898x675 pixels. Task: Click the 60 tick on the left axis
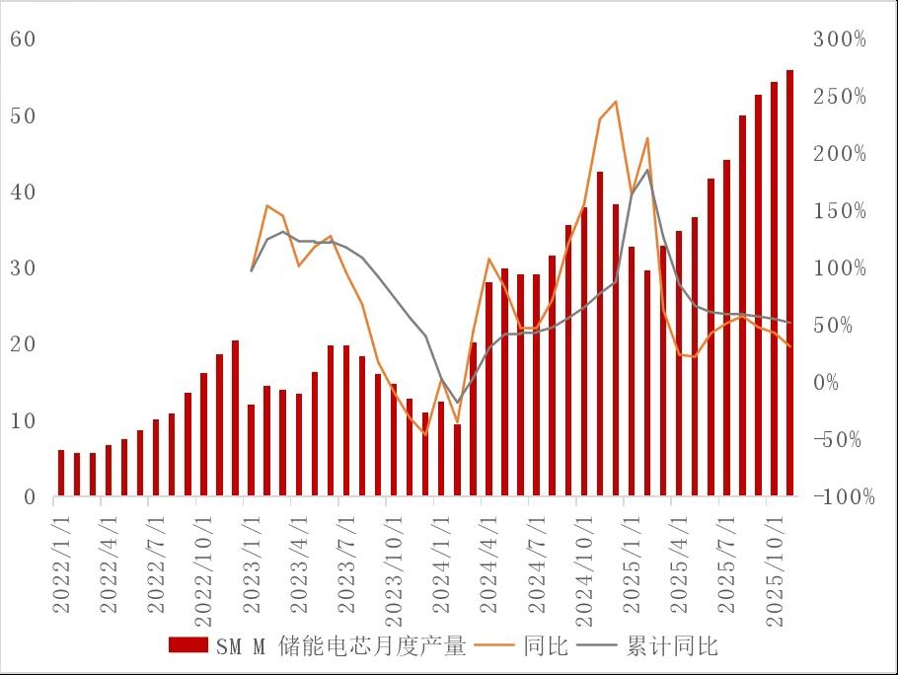click(x=24, y=39)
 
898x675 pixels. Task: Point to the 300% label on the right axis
click(x=840, y=39)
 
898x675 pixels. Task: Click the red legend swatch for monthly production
click(x=188, y=646)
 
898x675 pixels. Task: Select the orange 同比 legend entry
click(x=523, y=646)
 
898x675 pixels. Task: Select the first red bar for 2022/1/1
click(x=61, y=473)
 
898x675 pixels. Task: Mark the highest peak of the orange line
click(x=616, y=102)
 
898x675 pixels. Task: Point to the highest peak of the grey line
click(x=647, y=170)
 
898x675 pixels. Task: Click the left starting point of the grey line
click(x=252, y=270)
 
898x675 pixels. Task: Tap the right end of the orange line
click(x=790, y=346)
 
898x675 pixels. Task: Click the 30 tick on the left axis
click(x=24, y=268)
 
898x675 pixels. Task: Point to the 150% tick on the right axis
click(x=840, y=211)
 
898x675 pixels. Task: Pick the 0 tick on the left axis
click(x=30, y=497)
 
